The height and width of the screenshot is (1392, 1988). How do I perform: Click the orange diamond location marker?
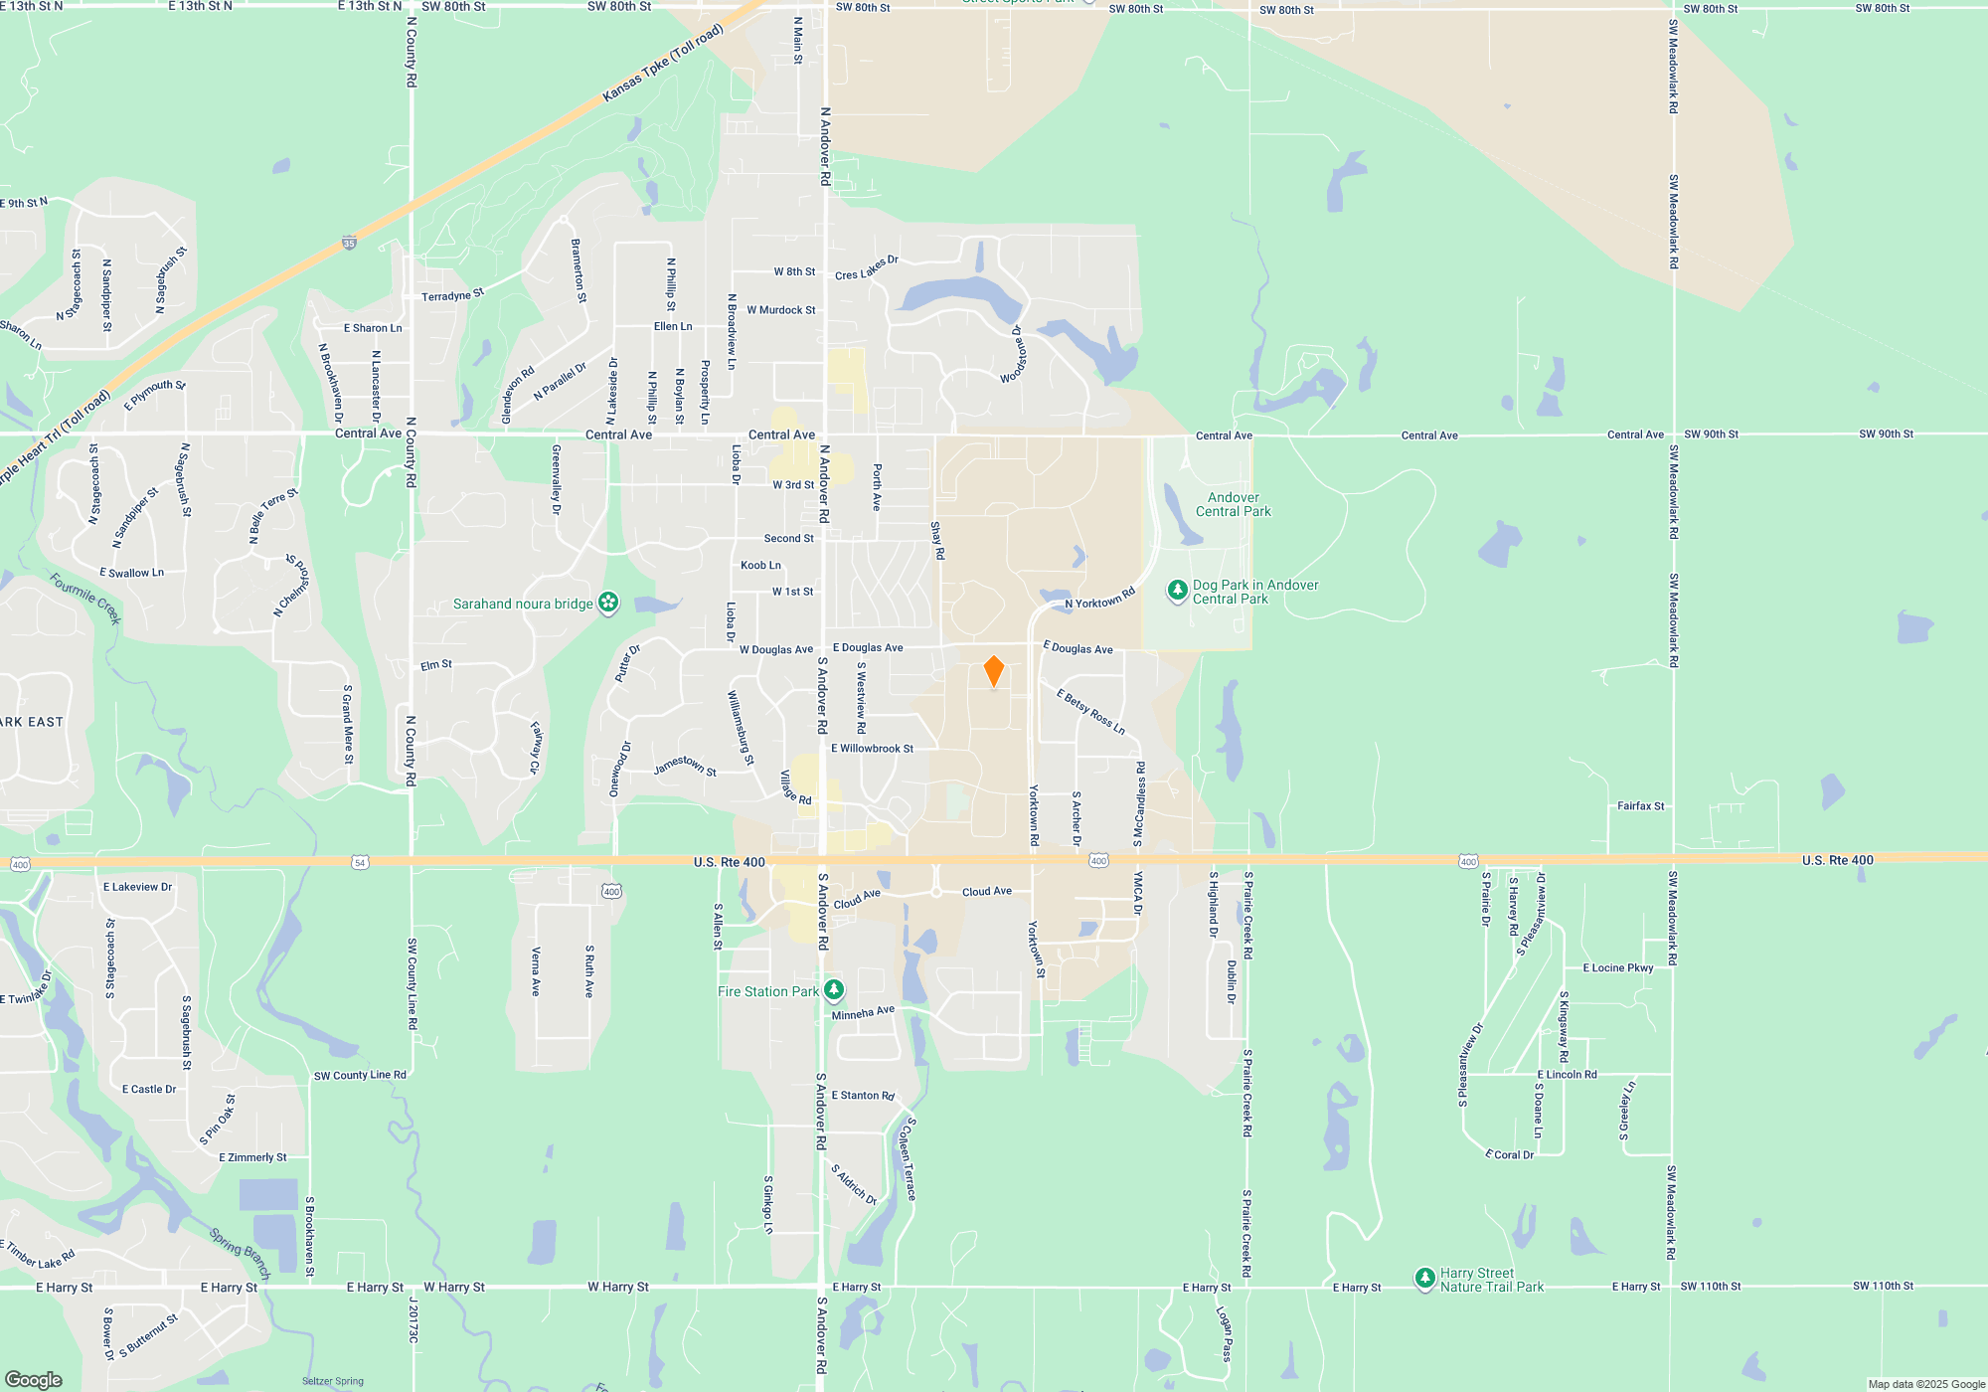pyautogui.click(x=993, y=671)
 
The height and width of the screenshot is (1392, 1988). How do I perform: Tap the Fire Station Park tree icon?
pyautogui.click(x=834, y=990)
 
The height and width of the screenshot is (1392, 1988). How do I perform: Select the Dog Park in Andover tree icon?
pyautogui.click(x=1178, y=592)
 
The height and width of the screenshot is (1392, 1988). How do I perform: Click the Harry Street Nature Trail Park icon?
pyautogui.click(x=1424, y=1278)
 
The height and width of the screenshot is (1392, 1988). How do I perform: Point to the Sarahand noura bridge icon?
pyautogui.click(x=608, y=603)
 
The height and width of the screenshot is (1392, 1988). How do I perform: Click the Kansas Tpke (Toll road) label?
pyautogui.click(x=663, y=63)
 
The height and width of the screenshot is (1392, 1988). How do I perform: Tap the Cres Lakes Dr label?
pyautogui.click(x=866, y=268)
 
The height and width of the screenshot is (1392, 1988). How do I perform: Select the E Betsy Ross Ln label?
pyautogui.click(x=1090, y=712)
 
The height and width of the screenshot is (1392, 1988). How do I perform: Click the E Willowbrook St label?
pyautogui.click(x=872, y=749)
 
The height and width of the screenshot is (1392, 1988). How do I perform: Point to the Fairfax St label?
pyautogui.click(x=1640, y=806)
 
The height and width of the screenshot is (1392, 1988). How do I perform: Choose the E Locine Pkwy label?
pyautogui.click(x=1618, y=967)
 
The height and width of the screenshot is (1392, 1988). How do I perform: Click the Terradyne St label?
pyautogui.click(x=452, y=295)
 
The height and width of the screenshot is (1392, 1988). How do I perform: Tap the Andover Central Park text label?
pyautogui.click(x=1233, y=504)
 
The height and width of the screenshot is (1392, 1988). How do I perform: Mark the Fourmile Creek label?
pyautogui.click(x=85, y=599)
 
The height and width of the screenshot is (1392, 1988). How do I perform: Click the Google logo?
pyautogui.click(x=33, y=1380)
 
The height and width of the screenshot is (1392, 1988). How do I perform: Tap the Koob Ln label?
pyautogui.click(x=760, y=566)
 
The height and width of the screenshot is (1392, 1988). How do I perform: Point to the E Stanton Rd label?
pyautogui.click(x=862, y=1095)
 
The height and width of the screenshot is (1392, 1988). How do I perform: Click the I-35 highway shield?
pyautogui.click(x=349, y=242)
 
